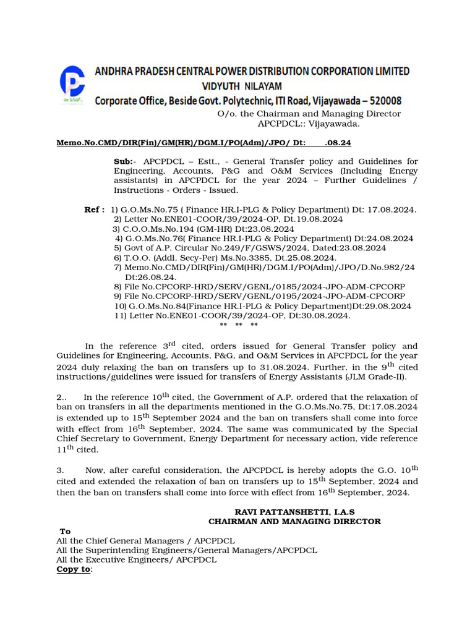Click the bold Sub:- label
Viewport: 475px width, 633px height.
(124, 161)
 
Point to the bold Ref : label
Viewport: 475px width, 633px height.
(94, 210)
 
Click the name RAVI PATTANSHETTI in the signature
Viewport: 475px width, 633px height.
(278, 512)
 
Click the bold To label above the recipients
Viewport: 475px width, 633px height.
(65, 532)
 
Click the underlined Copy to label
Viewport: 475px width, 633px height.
(74, 569)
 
